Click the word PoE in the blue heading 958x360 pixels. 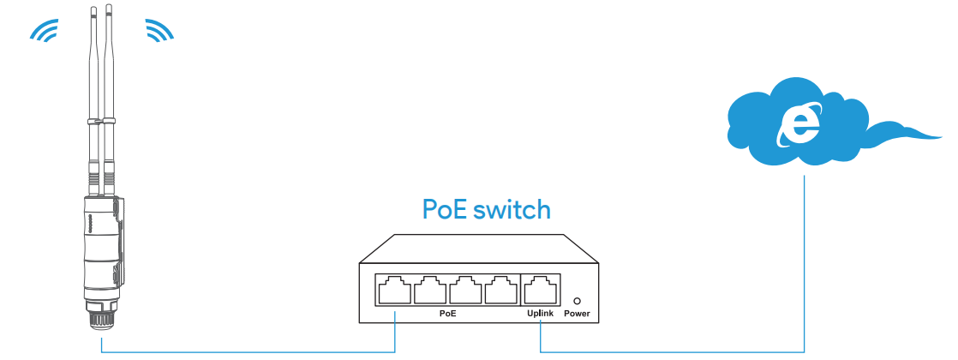click(x=444, y=209)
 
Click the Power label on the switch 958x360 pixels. click(x=578, y=315)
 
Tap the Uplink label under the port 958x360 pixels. click(x=540, y=314)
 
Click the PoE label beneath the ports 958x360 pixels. click(x=448, y=314)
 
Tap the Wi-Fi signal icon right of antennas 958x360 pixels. click(x=159, y=31)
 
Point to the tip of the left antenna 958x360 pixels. click(x=94, y=8)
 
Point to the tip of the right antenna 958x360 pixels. click(x=109, y=5)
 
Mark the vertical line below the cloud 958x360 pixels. click(x=804, y=263)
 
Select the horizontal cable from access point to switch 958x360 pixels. click(x=248, y=352)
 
